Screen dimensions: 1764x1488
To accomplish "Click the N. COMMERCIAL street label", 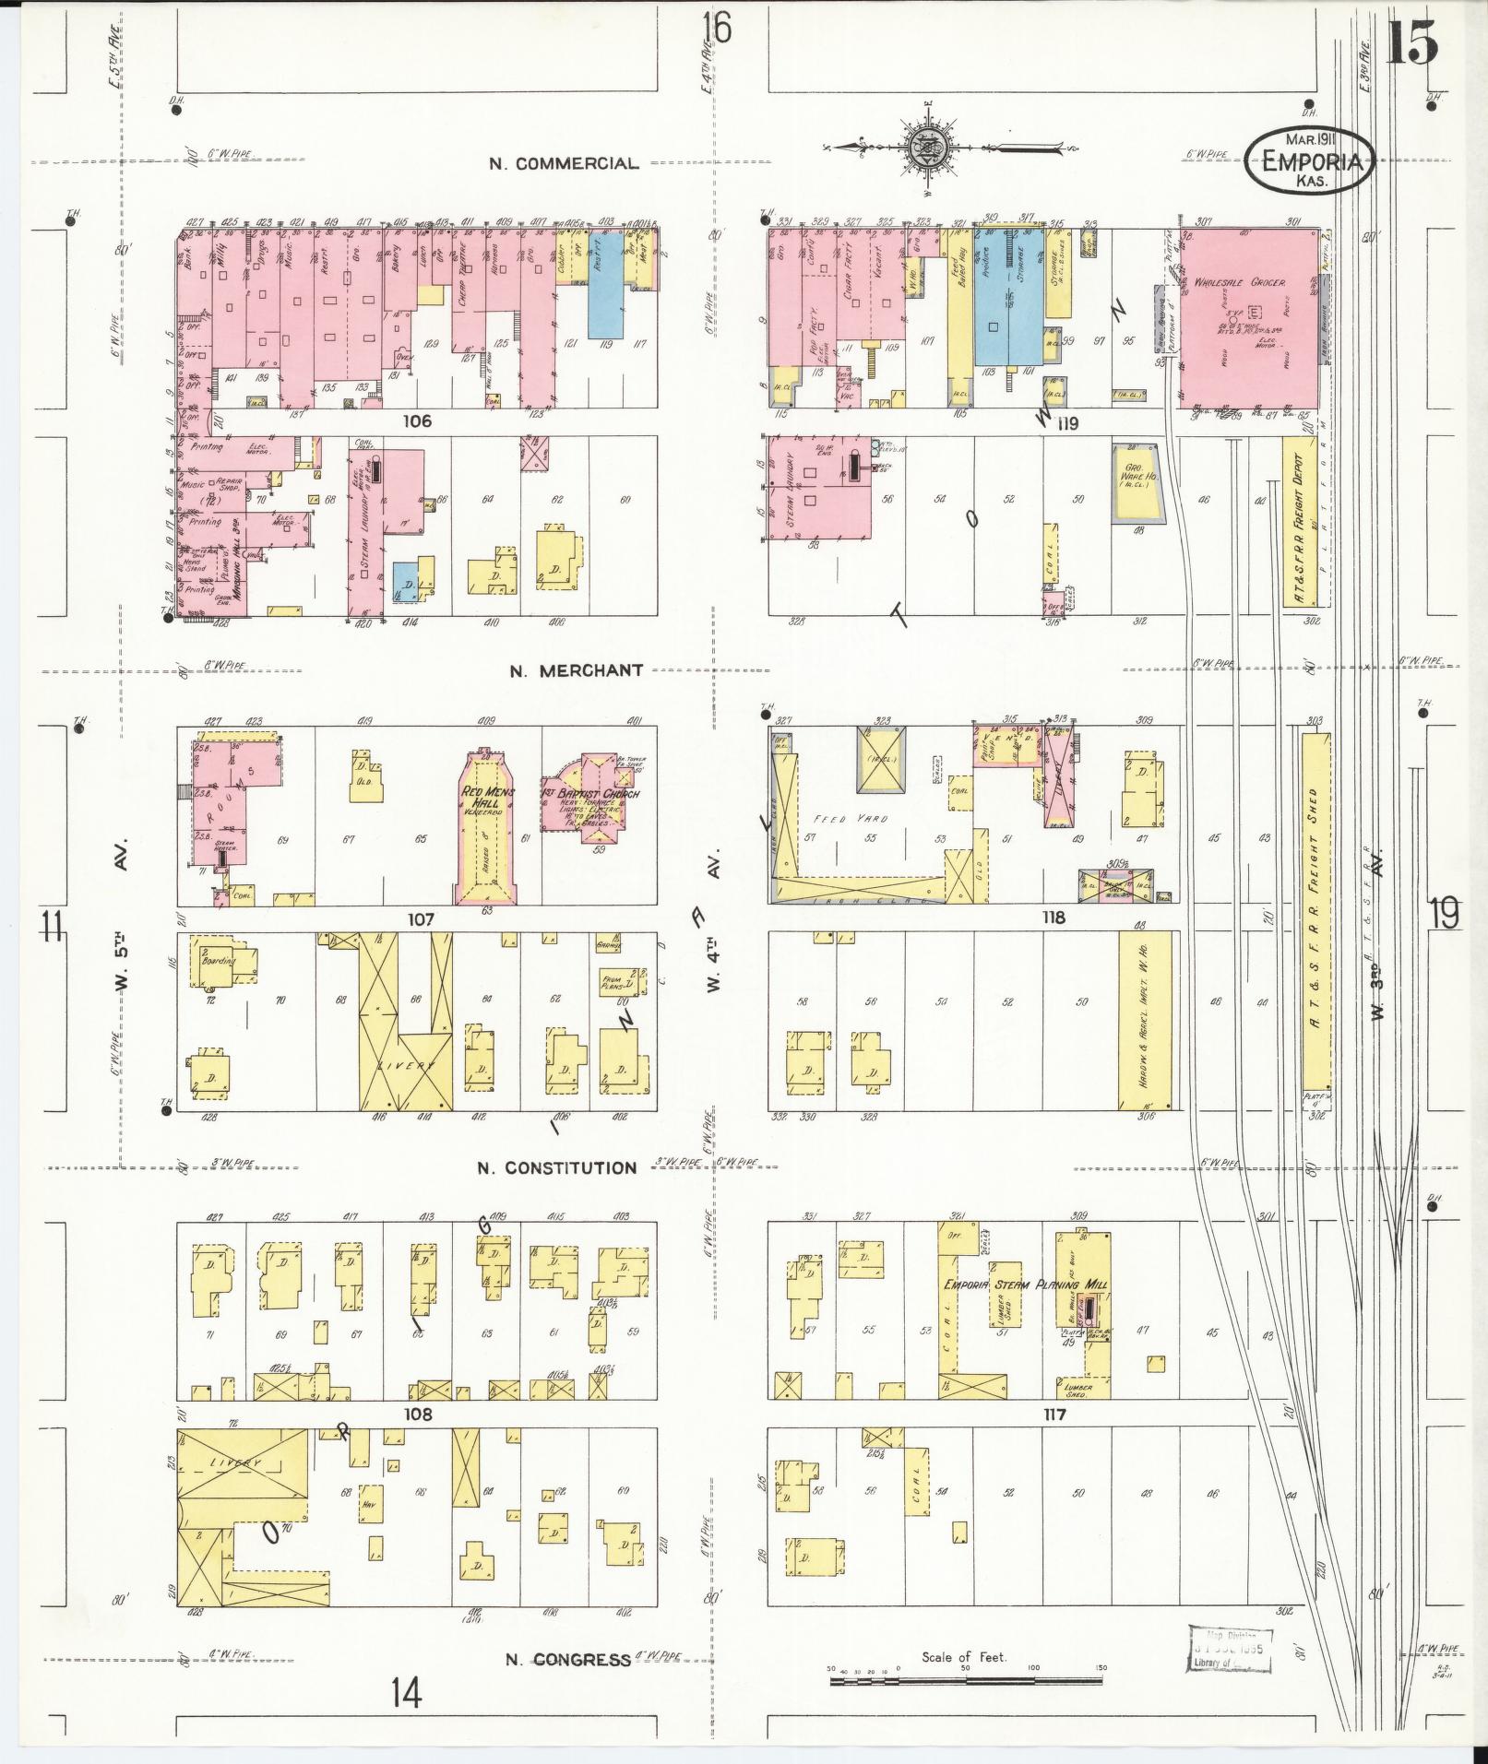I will (563, 164).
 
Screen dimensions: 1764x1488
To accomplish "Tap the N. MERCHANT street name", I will (576, 670).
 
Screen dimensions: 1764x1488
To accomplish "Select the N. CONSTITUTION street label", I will (556, 1167).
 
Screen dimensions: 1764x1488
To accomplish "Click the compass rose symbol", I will (924, 148).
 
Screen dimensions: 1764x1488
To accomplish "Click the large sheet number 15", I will (1411, 43).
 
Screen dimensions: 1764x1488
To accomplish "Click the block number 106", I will (417, 421).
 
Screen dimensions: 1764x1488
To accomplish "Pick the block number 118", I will (1053, 918).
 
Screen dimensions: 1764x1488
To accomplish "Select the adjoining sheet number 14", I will (406, 1718).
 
